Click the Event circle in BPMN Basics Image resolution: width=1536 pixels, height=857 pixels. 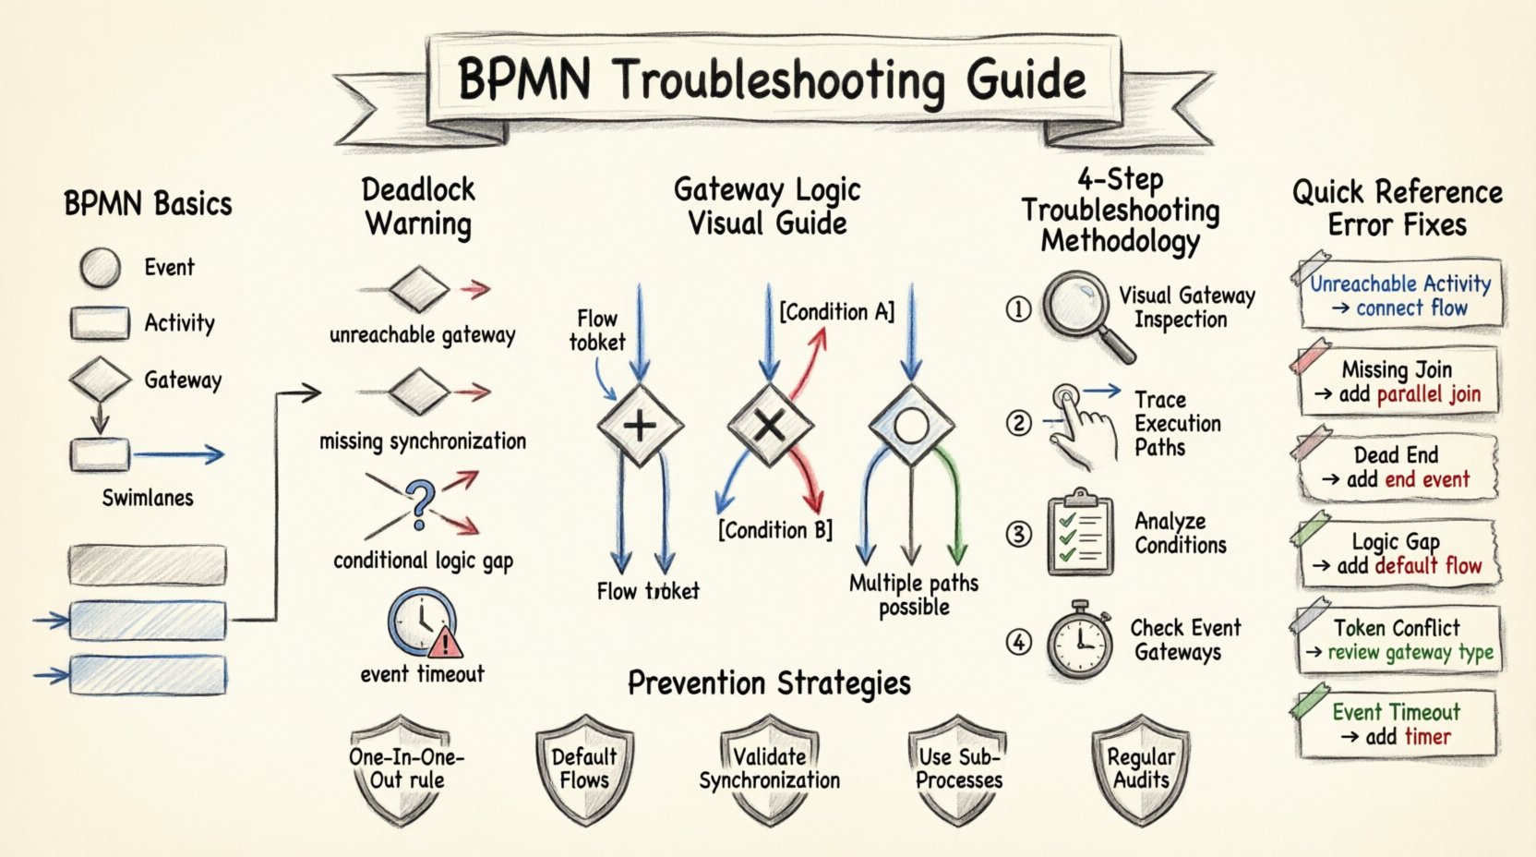[x=100, y=268]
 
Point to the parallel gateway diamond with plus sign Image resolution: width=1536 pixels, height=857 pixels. [x=640, y=426]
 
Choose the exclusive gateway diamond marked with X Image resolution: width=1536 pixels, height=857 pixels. [x=770, y=426]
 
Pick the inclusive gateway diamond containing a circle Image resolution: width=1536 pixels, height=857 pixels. [x=911, y=427]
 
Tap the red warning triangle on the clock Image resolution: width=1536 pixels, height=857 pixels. [x=446, y=640]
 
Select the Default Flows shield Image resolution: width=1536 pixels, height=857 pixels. [x=583, y=769]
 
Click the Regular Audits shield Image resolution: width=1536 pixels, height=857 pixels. [x=1141, y=769]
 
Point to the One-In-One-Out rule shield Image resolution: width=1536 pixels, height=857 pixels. [x=406, y=769]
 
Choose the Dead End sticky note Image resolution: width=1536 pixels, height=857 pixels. [x=1396, y=467]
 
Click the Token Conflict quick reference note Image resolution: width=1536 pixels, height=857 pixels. [x=1396, y=640]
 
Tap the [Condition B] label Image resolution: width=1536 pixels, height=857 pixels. [x=775, y=530]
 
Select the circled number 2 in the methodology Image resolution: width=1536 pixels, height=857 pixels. [x=1018, y=424]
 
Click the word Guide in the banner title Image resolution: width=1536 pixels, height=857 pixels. [x=1026, y=80]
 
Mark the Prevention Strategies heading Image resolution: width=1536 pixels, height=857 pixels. [x=769, y=683]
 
